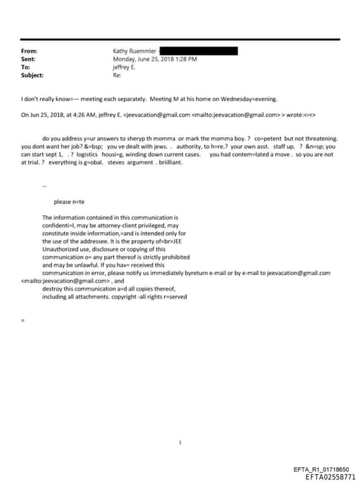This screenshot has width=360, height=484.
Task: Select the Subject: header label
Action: (32, 75)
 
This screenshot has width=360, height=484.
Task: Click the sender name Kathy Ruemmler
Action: (135, 51)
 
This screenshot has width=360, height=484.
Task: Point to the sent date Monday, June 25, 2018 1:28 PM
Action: (155, 59)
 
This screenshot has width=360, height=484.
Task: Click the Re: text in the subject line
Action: (117, 75)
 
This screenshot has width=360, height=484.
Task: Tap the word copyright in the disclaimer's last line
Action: (125, 295)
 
